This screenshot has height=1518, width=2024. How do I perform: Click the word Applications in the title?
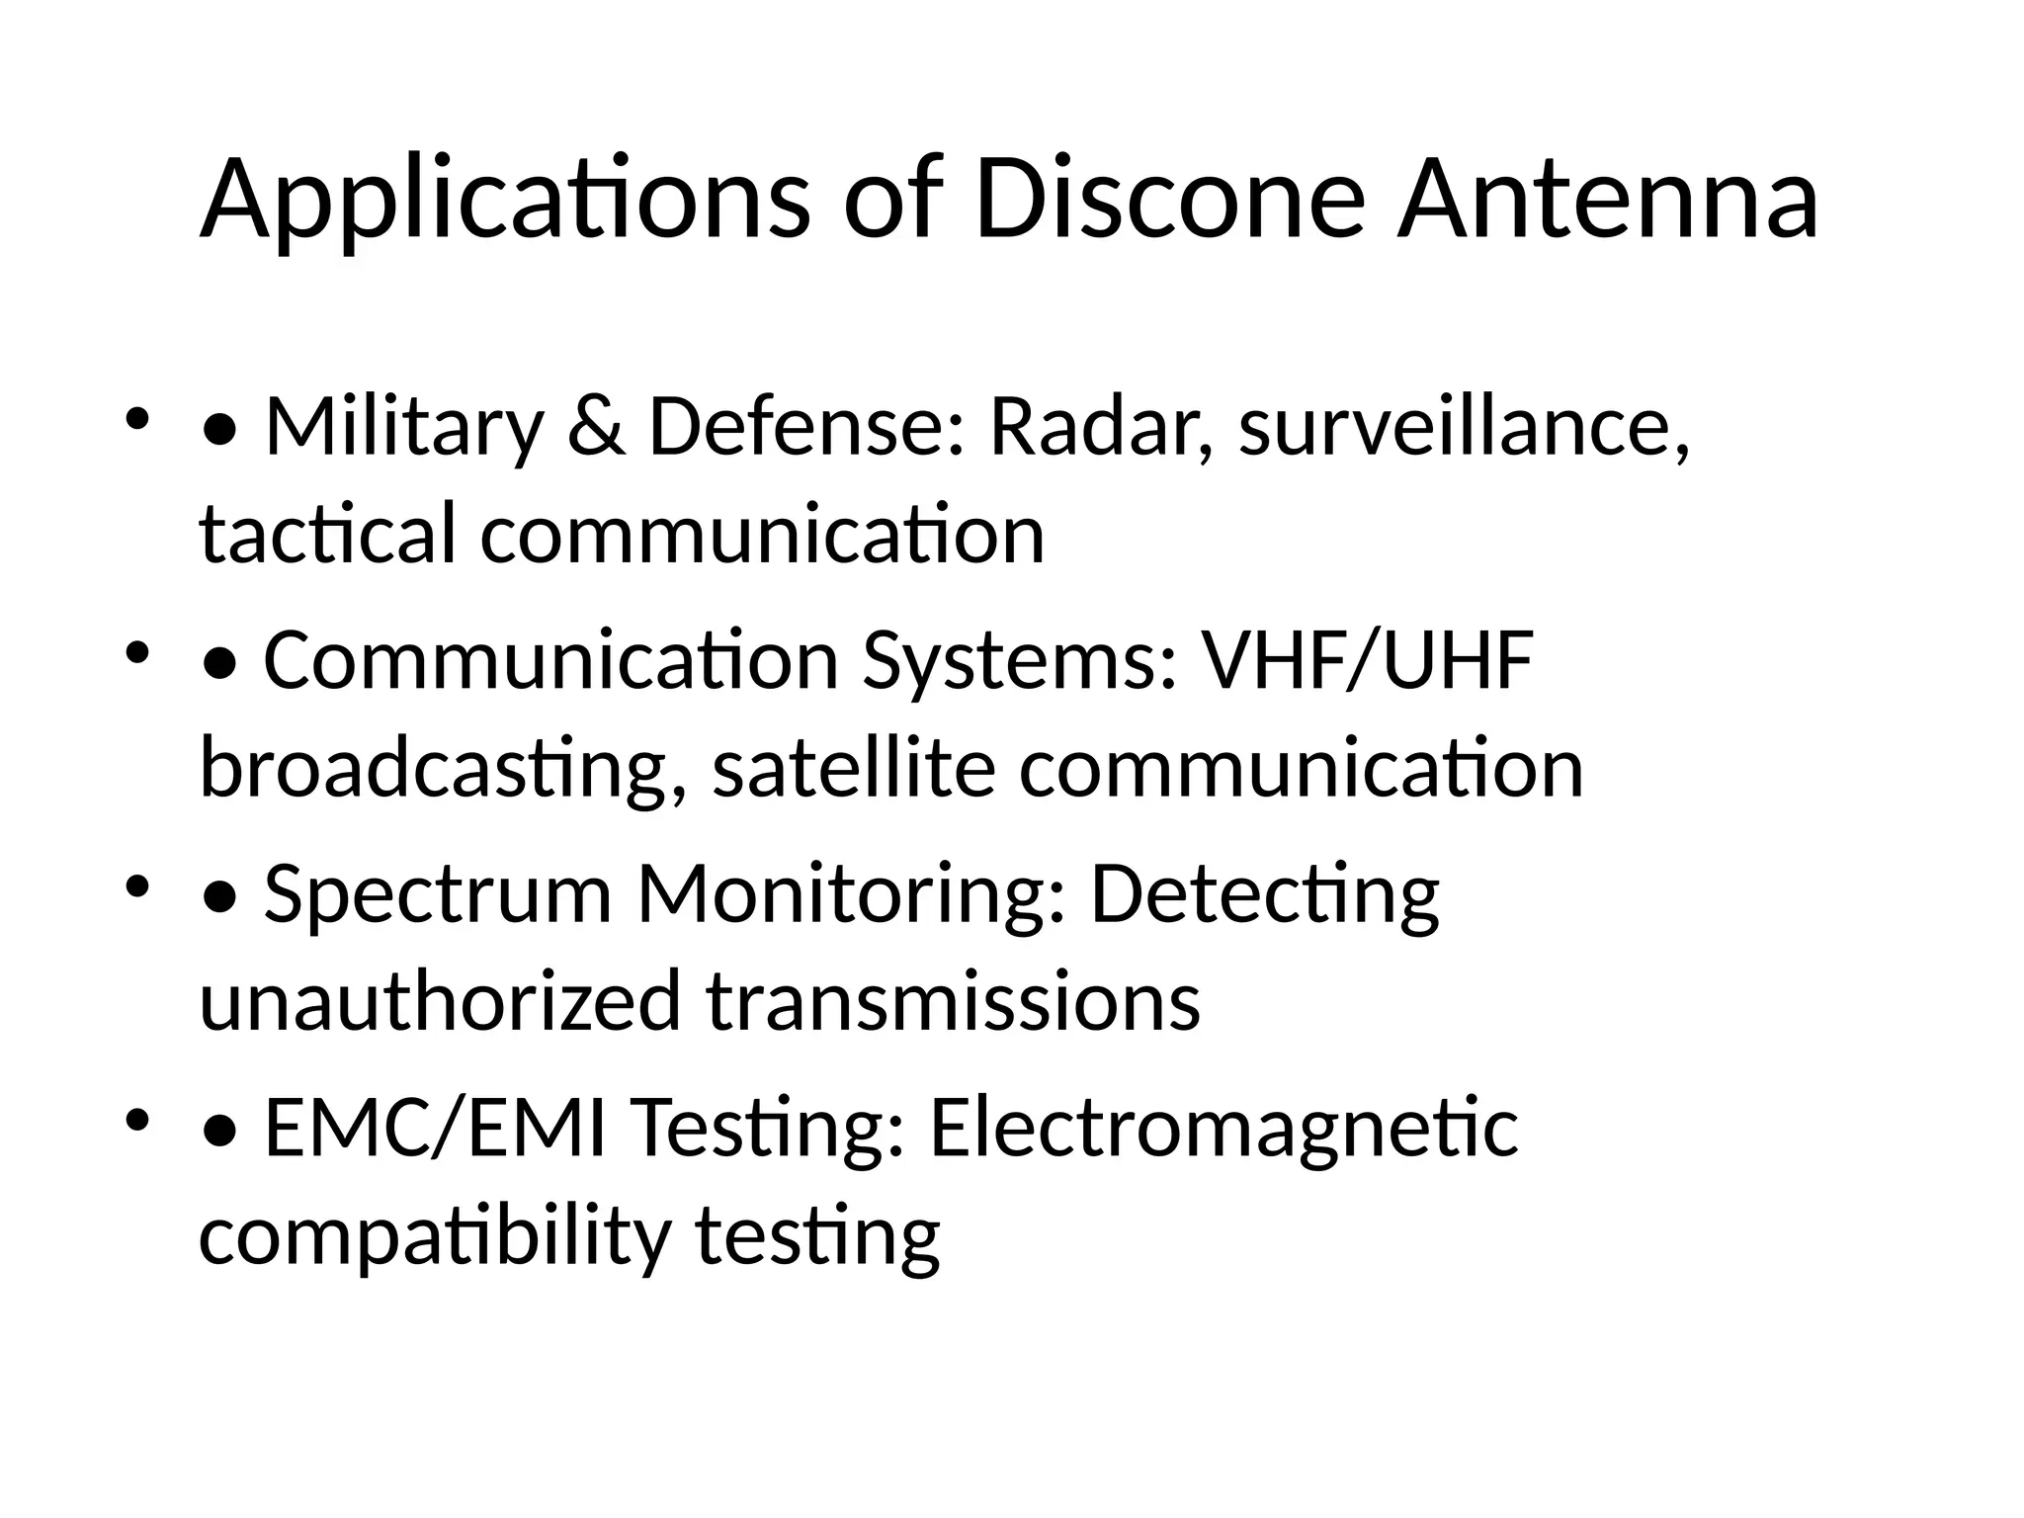point(505,203)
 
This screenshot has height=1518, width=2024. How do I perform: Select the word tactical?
point(327,535)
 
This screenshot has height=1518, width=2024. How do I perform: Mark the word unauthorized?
point(441,1001)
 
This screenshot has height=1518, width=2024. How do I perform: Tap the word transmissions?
point(954,1001)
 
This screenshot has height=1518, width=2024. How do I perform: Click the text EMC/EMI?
point(435,1128)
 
